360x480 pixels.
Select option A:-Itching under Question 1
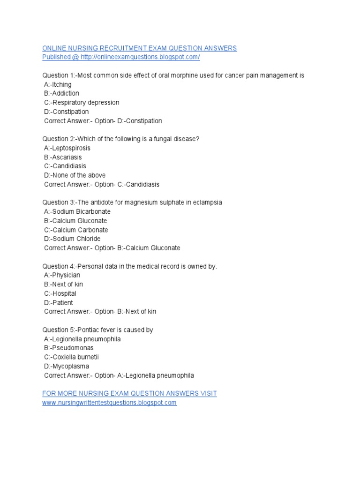[58, 84]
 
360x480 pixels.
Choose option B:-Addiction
[61, 93]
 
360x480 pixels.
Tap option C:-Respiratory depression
[82, 103]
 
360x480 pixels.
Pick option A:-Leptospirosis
[67, 148]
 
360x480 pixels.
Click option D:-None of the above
[75, 175]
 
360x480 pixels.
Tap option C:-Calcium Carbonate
[76, 230]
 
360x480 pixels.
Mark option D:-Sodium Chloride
[72, 239]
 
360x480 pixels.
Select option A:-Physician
[62, 276]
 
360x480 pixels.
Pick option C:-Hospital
[60, 294]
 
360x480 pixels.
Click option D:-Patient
[59, 303]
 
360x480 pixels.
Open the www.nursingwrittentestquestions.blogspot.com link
[109, 403]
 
